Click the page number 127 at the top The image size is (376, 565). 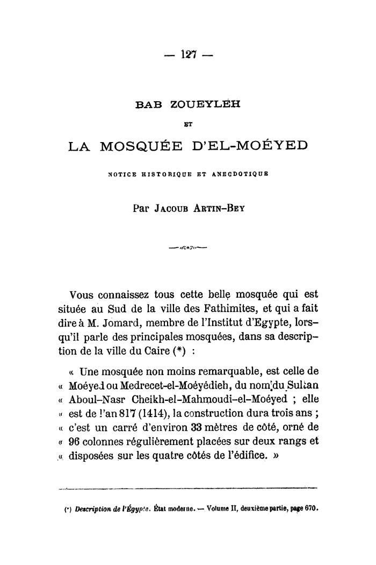[188, 54]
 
